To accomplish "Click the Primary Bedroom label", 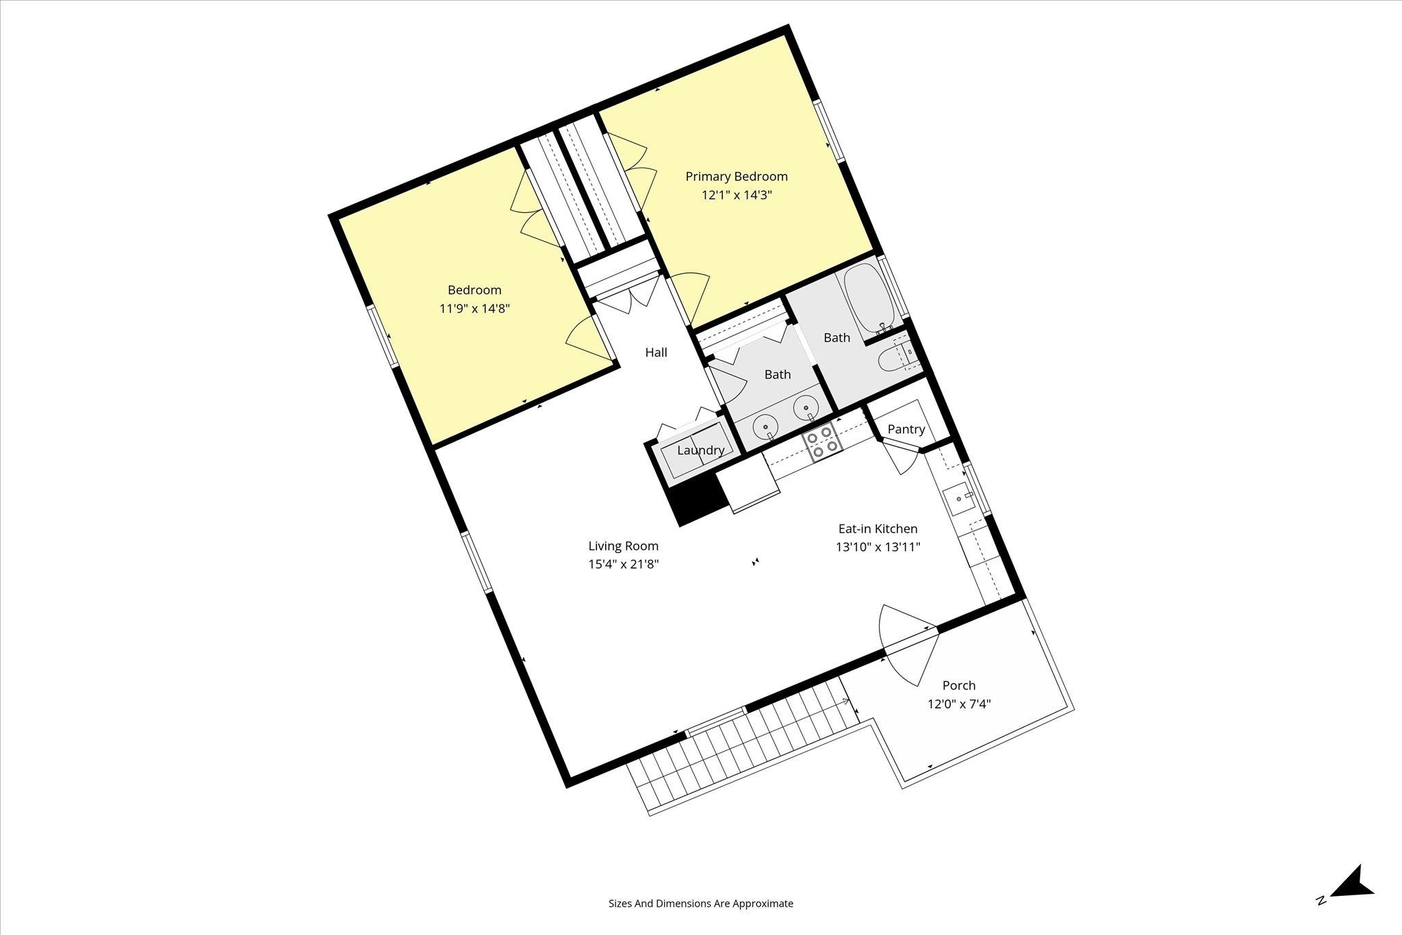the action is point(737,177).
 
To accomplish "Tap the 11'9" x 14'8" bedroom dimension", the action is point(474,309).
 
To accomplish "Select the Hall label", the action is point(656,353).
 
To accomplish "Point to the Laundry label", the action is point(700,450).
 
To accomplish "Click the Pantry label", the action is point(906,429).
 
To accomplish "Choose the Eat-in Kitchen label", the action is point(878,528).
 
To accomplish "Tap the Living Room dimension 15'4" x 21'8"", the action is point(623,565).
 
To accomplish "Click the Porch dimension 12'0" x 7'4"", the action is point(959,704).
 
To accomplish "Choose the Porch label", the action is point(959,685).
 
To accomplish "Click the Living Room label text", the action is point(623,546).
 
